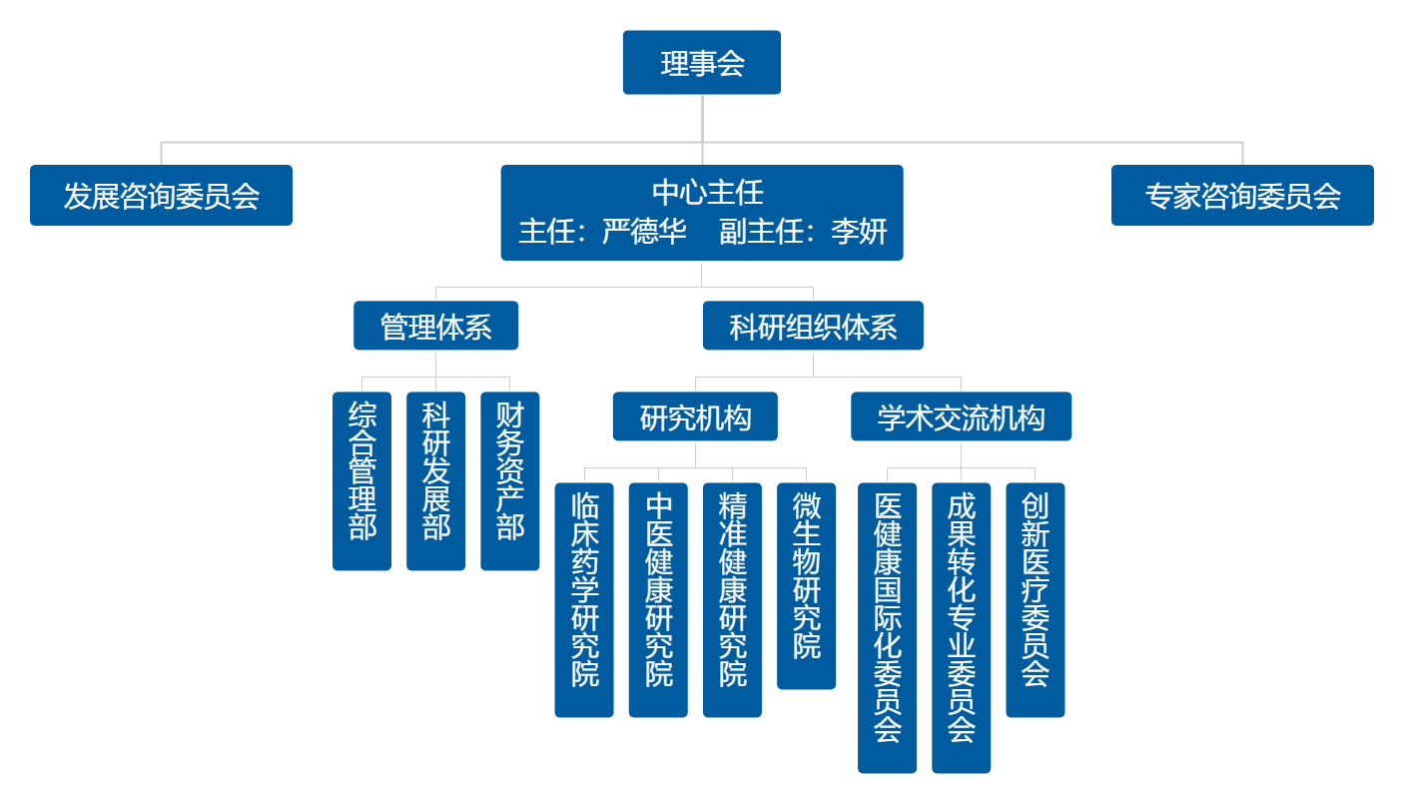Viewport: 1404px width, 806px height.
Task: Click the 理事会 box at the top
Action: click(x=701, y=63)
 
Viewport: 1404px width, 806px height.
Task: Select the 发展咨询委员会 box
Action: click(x=161, y=196)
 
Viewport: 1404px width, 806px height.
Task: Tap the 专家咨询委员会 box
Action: click(x=1242, y=196)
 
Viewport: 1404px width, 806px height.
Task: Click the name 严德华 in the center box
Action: click(x=645, y=232)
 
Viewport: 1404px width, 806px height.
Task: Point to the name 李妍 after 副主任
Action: click(x=859, y=232)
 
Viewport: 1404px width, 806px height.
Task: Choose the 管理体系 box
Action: click(x=436, y=326)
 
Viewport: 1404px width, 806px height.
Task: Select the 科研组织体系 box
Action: click(x=813, y=326)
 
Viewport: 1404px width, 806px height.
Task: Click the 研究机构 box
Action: click(x=695, y=416)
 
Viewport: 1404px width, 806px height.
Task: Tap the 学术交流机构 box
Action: click(x=961, y=416)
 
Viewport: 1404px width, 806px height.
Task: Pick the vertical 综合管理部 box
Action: click(x=361, y=480)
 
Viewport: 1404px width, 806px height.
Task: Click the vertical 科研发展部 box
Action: click(x=435, y=480)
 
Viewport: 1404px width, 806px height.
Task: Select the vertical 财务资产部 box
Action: click(x=509, y=480)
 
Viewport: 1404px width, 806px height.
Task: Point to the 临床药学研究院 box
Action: click(x=584, y=599)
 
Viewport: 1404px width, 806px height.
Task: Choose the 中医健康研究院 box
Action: click(x=658, y=599)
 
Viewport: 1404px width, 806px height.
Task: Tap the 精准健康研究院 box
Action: click(x=732, y=599)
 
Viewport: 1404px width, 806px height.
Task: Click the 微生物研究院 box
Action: click(x=806, y=585)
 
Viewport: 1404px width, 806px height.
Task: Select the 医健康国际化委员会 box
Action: click(x=887, y=627)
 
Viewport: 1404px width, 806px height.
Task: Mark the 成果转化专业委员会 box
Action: click(x=961, y=627)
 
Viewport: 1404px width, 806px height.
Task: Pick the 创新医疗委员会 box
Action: click(x=1035, y=599)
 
